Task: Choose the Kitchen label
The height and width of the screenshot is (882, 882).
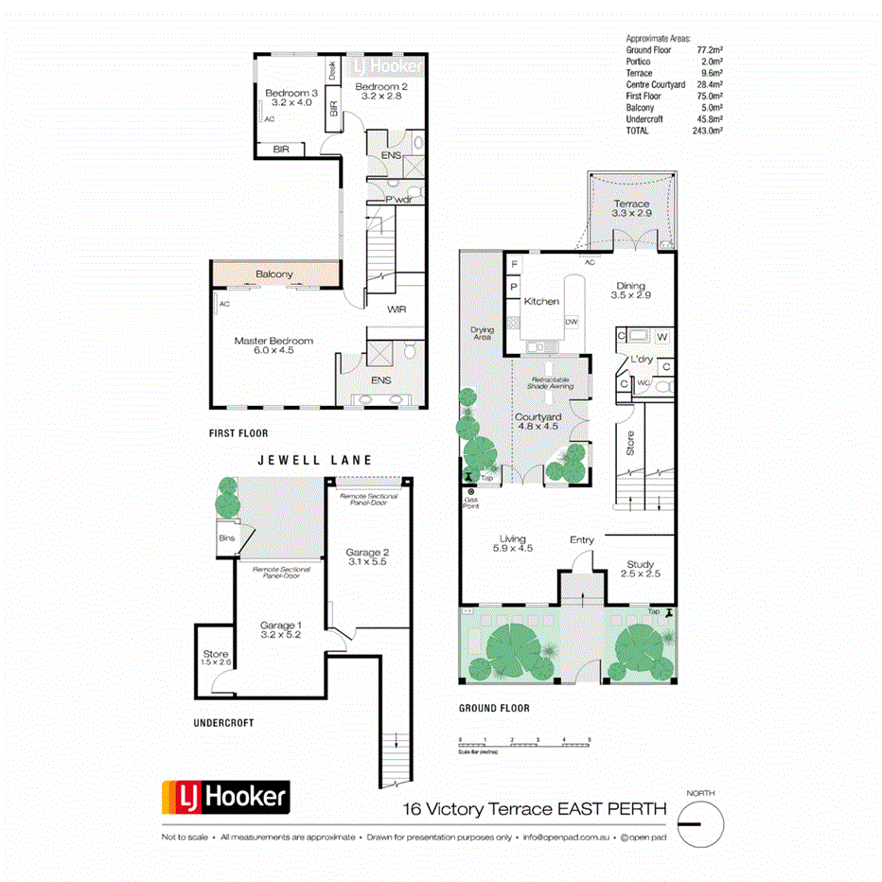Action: pos(541,301)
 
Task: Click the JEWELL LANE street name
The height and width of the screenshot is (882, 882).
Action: pos(315,460)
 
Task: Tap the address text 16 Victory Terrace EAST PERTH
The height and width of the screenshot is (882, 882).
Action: pos(535,809)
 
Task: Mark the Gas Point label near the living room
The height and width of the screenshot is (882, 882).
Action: pos(470,503)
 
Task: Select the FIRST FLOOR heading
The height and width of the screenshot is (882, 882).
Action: pos(238,432)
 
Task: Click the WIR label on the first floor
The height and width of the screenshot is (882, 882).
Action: pos(397,309)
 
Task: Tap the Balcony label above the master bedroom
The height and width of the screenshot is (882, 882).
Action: pos(274,274)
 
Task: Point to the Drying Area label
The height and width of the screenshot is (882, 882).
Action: pos(483,333)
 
